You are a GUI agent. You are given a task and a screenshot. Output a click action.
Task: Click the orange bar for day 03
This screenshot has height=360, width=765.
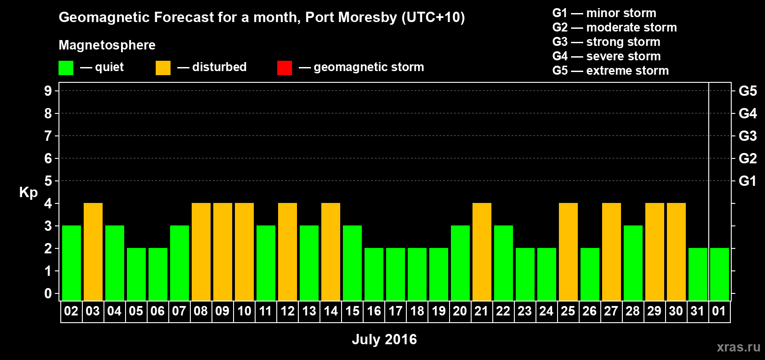click(x=93, y=252)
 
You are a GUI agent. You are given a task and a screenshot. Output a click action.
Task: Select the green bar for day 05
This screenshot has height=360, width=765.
click(x=136, y=274)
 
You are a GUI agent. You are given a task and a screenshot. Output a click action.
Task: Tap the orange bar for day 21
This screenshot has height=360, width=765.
click(x=482, y=252)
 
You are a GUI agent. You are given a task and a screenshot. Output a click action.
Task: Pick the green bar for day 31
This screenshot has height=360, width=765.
click(x=698, y=274)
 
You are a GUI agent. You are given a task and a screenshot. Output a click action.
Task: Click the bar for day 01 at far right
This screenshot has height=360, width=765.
click(x=720, y=274)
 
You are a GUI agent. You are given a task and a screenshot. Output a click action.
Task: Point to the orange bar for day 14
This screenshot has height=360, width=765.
click(x=331, y=252)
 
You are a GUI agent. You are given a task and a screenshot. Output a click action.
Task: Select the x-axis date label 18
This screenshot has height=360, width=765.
click(x=417, y=311)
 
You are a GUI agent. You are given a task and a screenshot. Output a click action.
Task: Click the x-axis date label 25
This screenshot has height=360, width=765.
click(x=568, y=311)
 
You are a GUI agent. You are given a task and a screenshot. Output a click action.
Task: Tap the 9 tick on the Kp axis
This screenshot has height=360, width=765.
click(x=48, y=91)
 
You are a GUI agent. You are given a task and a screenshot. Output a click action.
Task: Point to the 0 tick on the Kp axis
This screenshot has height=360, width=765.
click(x=48, y=293)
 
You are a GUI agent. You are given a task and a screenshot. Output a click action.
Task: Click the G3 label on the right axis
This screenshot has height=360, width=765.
click(x=747, y=136)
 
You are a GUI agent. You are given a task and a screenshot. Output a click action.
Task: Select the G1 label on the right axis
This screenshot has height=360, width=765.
click(x=747, y=181)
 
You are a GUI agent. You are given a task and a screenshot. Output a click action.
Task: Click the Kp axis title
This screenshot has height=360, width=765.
click(x=28, y=192)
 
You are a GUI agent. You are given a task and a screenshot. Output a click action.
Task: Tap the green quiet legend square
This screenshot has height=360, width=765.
click(x=66, y=68)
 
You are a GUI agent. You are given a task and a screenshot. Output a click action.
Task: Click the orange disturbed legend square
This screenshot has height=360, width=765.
click(x=163, y=68)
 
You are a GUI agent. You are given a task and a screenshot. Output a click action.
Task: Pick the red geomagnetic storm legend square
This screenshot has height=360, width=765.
click(x=285, y=68)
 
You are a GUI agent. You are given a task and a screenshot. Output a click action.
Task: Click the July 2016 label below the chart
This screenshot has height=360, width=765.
click(x=384, y=339)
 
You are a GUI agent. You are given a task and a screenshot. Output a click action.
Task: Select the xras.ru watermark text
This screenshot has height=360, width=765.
click(x=738, y=347)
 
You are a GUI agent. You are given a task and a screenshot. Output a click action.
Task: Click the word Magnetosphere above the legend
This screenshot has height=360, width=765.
click(x=107, y=45)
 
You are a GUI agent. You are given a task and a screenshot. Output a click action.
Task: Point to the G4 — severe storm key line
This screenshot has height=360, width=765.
click(x=607, y=56)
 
